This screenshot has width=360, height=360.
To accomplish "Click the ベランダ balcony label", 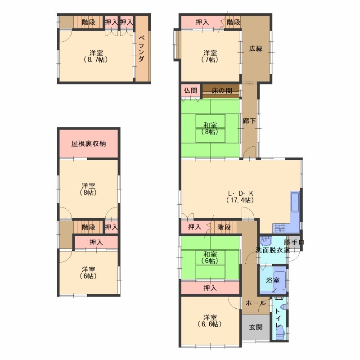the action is tap(142, 49).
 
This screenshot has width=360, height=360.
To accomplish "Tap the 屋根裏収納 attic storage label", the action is tap(89, 144).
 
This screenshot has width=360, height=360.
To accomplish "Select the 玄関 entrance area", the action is tap(256, 327).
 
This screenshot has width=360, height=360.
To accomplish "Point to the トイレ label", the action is tap(278, 318).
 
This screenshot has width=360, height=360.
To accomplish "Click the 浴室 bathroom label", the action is tap(273, 280).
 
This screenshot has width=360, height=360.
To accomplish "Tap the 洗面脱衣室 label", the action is tap(273, 250).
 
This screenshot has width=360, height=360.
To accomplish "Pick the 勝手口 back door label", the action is tap(294, 243).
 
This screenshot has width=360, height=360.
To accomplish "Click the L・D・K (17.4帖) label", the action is tap(240, 197).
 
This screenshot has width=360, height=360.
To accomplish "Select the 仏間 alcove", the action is tap(190, 91).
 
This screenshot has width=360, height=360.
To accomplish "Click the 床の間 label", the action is tap(222, 91).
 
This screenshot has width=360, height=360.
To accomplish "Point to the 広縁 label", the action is tap(256, 49).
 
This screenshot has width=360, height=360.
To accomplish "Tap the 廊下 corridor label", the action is tap(249, 121).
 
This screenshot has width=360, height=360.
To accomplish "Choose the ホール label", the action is tap(256, 303).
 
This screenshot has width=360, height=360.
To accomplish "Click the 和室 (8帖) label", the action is tap(210, 129).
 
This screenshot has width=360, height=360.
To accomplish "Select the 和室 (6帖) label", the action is tap(210, 257).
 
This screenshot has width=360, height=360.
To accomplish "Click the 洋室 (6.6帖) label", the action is tap(210, 321).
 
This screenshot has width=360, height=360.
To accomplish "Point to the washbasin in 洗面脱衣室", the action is tap(265, 241).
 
